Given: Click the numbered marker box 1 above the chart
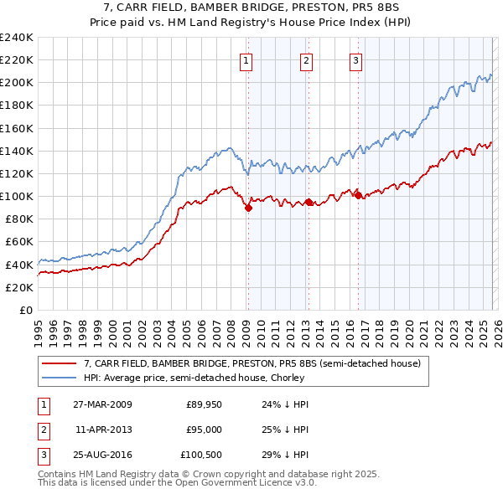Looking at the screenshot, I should [247, 60].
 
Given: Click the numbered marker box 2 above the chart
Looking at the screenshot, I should [307, 60].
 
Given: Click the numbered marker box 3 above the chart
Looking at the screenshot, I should [356, 60].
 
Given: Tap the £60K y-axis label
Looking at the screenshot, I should [19, 242].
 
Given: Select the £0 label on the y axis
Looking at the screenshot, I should [25, 310].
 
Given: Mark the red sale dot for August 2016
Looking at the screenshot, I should [358, 195].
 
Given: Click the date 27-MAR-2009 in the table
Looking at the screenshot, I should [102, 404].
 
